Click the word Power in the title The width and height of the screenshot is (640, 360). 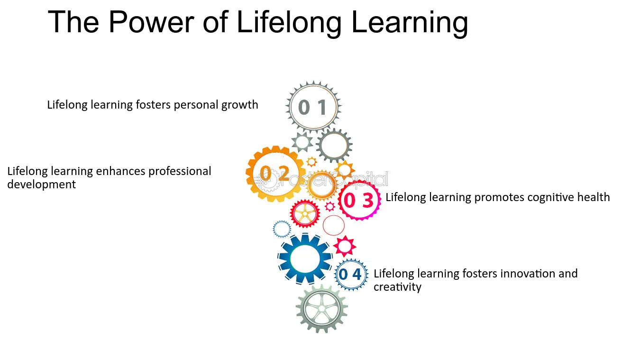coord(151,22)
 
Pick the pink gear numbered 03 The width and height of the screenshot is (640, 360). coord(359,200)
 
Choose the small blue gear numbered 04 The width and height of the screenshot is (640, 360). coord(351,275)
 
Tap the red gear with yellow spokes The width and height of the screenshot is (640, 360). coord(305,213)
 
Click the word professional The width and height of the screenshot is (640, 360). coord(180,172)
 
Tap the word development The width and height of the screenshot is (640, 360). coord(41,185)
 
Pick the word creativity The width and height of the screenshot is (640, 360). coord(397,287)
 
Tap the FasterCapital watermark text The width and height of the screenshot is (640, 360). coord(333,179)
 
